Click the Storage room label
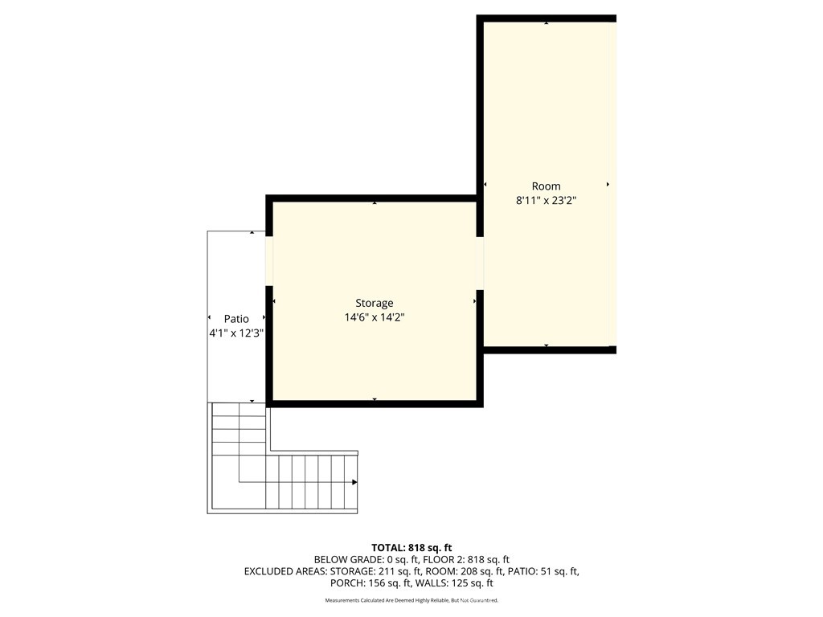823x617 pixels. [375, 303]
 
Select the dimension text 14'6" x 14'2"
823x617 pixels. [375, 317]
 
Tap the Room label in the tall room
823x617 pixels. [546, 186]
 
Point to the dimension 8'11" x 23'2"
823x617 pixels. [546, 201]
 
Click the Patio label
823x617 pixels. [236, 319]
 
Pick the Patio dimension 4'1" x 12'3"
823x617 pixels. [236, 333]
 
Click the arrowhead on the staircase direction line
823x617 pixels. [354, 482]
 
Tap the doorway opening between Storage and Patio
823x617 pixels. [270, 261]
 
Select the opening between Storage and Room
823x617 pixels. [480, 263]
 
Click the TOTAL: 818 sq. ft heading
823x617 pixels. [411, 547]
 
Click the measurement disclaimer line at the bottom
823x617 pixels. [411, 601]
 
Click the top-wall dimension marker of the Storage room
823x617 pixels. [375, 203]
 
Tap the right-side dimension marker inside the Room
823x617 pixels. [608, 185]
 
